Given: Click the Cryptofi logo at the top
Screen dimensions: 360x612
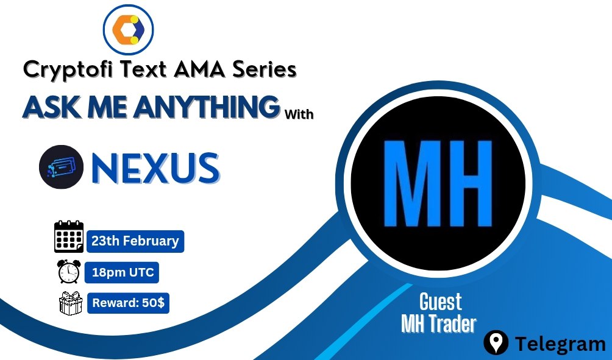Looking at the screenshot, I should [128, 29].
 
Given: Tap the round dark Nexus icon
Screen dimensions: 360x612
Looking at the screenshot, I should [60, 166].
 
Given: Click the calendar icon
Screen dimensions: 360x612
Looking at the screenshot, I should [68, 237].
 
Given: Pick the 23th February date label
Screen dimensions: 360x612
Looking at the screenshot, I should [135, 241].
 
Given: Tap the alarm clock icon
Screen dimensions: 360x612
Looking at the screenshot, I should [68, 272].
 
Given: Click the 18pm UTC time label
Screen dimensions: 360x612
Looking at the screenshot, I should [122, 272].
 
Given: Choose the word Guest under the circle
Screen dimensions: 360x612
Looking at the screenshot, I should [440, 302].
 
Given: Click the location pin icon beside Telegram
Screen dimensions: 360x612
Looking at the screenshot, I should [496, 344].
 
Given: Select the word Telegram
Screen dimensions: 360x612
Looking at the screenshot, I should [560, 344].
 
